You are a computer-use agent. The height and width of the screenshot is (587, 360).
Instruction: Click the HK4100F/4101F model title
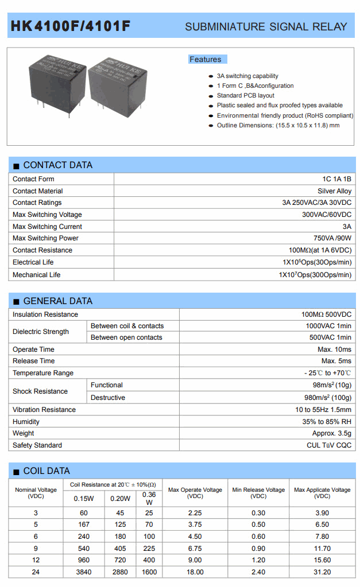(x=71, y=26)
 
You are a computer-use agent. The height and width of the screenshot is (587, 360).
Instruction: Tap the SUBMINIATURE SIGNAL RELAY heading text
(x=266, y=26)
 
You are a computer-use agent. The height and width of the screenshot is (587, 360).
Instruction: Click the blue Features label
(x=206, y=59)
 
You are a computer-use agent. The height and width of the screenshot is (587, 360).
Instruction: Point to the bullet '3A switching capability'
(x=247, y=76)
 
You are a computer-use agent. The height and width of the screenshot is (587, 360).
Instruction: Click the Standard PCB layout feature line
(x=245, y=95)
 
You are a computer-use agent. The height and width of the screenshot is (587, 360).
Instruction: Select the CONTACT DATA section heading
(x=57, y=165)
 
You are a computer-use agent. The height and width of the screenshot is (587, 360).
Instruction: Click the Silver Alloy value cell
(x=334, y=191)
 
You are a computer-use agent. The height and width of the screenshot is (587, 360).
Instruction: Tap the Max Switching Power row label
(x=45, y=238)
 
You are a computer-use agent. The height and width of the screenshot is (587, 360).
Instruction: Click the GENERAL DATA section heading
(x=57, y=301)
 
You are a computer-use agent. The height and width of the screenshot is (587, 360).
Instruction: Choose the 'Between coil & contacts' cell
(x=127, y=325)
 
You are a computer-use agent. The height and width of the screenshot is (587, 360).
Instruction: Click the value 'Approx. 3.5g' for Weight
(x=332, y=433)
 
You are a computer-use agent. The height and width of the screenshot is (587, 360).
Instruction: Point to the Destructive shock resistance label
(x=108, y=397)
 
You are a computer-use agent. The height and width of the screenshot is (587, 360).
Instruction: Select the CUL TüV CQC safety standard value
(x=329, y=445)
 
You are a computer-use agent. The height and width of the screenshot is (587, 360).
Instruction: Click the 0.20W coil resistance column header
(x=121, y=498)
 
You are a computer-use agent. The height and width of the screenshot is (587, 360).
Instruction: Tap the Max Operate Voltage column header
(x=195, y=492)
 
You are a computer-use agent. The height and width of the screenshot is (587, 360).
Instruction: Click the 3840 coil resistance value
(x=84, y=572)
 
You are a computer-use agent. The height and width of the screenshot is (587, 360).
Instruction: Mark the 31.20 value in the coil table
(x=322, y=572)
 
